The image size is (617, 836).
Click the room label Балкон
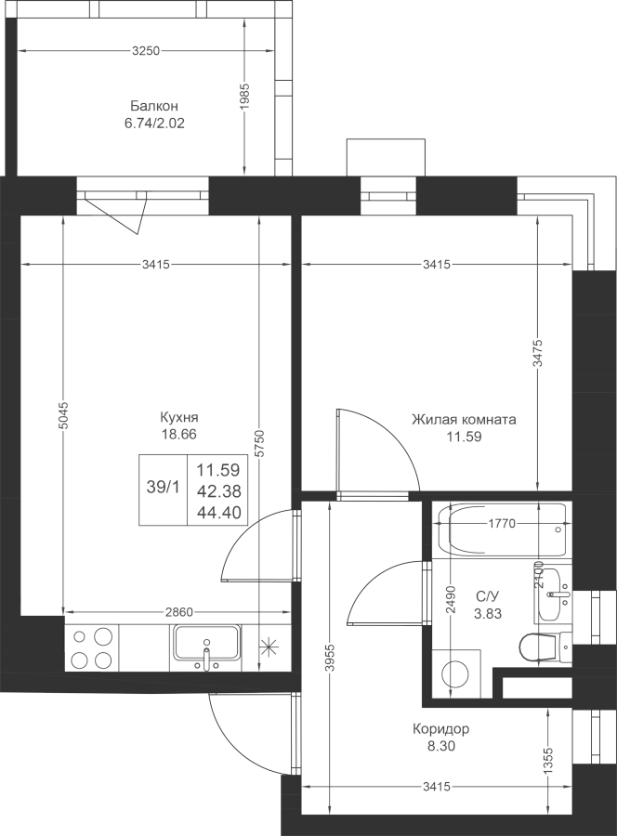[x=153, y=106]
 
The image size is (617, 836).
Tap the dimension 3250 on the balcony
[x=146, y=51]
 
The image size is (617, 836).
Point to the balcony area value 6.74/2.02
[x=154, y=124]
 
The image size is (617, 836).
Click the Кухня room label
[x=179, y=417]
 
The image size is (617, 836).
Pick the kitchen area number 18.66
[x=179, y=435]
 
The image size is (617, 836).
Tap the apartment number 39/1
[x=164, y=487]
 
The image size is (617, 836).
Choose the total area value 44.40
[x=218, y=513]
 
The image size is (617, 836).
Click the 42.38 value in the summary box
[x=218, y=490]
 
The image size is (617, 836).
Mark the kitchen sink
[x=206, y=647]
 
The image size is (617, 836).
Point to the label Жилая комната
[x=464, y=420]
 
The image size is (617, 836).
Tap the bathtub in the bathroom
[x=501, y=530]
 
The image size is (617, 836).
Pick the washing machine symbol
[x=456, y=673]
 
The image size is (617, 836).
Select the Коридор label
[x=441, y=728]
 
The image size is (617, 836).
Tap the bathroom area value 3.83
[x=488, y=614]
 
